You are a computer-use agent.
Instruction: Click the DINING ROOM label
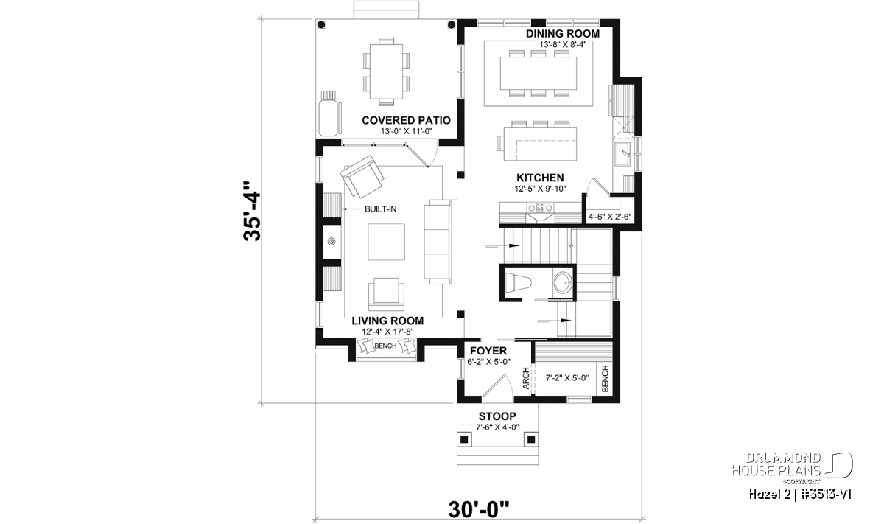pyautogui.click(x=562, y=34)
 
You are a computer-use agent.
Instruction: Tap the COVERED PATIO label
pyautogui.click(x=406, y=120)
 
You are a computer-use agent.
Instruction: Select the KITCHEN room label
pyautogui.click(x=540, y=178)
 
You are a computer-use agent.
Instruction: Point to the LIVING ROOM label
pyautogui.click(x=387, y=321)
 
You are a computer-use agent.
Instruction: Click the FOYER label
pyautogui.click(x=488, y=351)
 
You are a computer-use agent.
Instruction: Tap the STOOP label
pyautogui.click(x=497, y=416)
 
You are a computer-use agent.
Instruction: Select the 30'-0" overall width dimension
pyautogui.click(x=479, y=509)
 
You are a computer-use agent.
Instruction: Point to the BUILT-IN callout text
pyautogui.click(x=380, y=209)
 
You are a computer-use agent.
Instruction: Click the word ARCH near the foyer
pyautogui.click(x=526, y=378)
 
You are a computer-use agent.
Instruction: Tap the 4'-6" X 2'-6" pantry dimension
pyautogui.click(x=610, y=217)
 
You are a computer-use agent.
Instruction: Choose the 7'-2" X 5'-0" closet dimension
pyautogui.click(x=567, y=378)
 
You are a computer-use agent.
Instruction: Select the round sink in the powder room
pyautogui.click(x=563, y=283)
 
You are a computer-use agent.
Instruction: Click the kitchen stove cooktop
pyautogui.click(x=540, y=208)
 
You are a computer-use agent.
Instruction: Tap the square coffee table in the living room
pyautogui.click(x=386, y=242)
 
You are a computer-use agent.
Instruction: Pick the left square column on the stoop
pyautogui.click(x=464, y=439)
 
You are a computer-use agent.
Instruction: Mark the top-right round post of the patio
pyautogui.click(x=451, y=25)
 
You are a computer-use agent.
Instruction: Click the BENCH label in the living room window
pyautogui.click(x=385, y=346)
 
